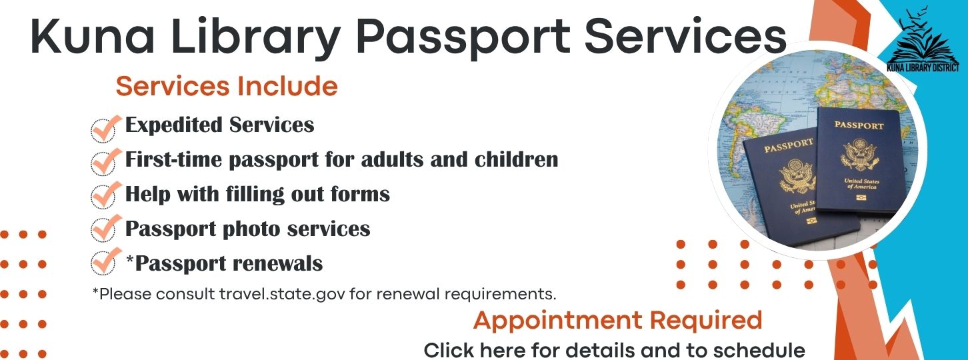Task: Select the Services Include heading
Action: click(227, 86)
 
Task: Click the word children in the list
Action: click(517, 159)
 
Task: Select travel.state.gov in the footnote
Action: click(282, 294)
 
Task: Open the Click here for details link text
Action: click(614, 350)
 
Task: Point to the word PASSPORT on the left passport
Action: click(789, 145)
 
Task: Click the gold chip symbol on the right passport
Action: click(861, 198)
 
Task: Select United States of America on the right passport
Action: click(862, 184)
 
